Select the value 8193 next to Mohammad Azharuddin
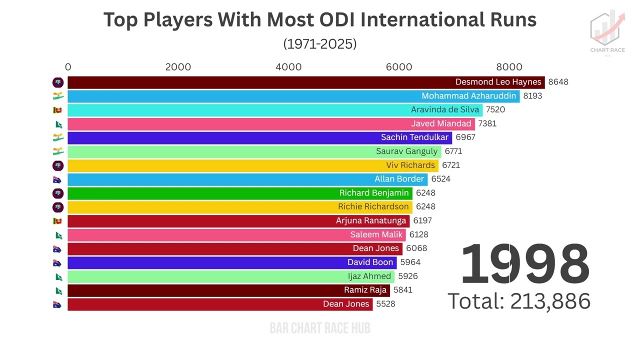coord(532,96)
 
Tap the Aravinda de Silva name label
coord(444,110)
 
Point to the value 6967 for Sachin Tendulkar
coord(465,137)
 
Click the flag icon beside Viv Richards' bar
coord(58,165)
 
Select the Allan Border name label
coord(399,179)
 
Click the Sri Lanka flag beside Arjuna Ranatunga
coord(57,220)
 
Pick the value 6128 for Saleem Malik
coord(418,234)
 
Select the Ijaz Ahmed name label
coord(369,276)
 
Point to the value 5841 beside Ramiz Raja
coord(403,290)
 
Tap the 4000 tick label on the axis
coord(288,67)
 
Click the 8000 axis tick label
coord(509,67)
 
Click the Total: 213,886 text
coord(518,301)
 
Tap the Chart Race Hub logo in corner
coord(607,33)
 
